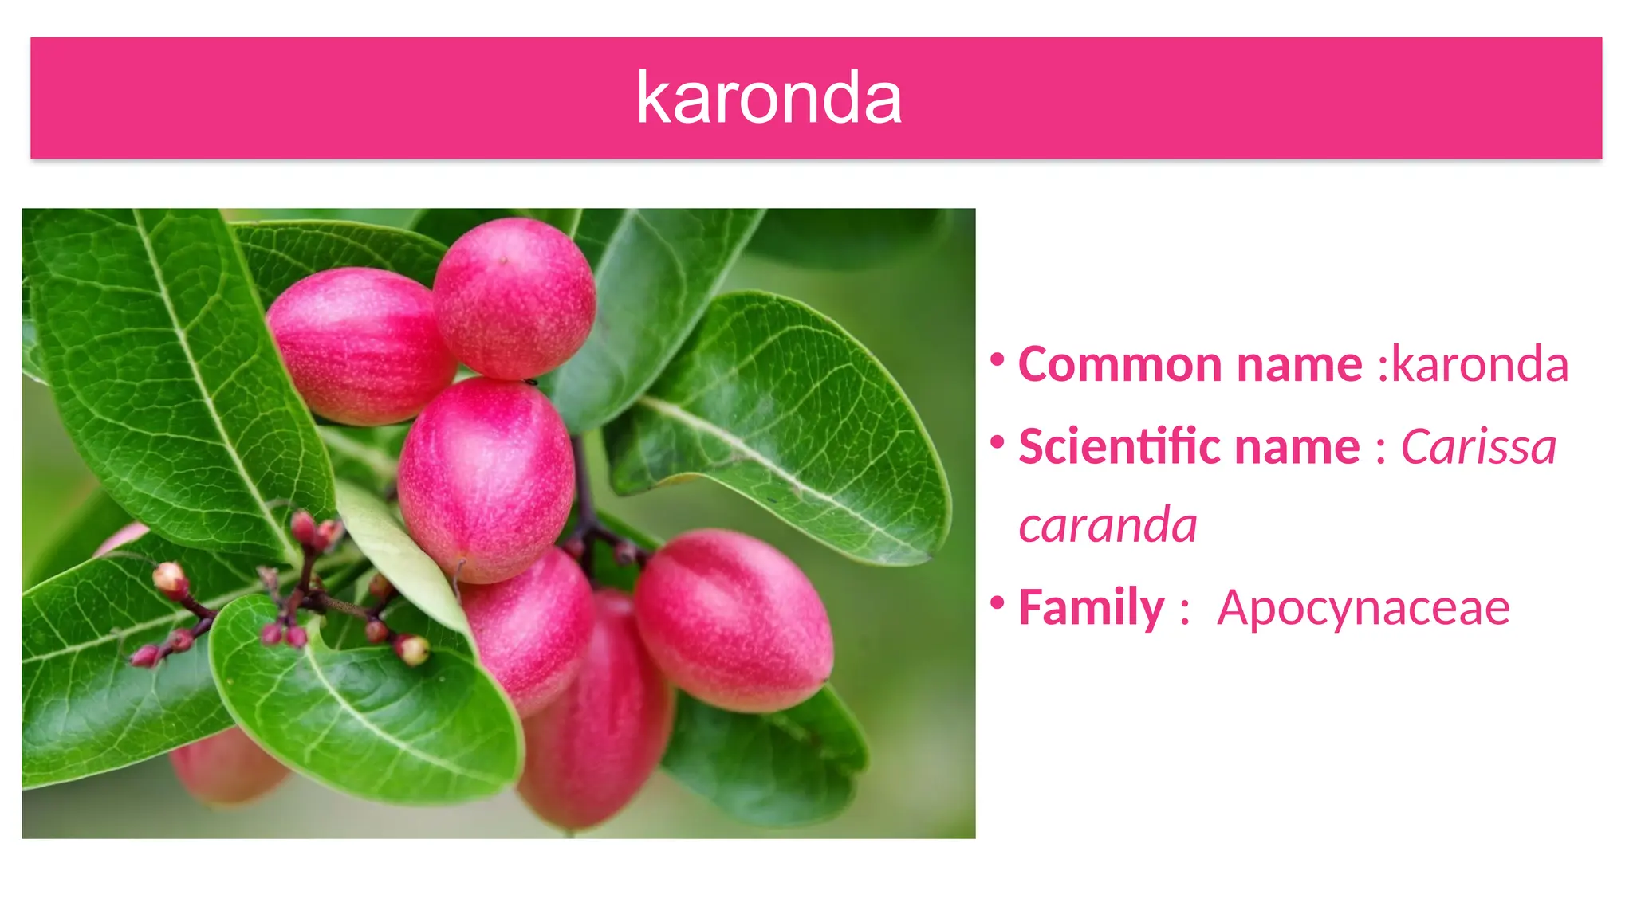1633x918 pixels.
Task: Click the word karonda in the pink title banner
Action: (769, 98)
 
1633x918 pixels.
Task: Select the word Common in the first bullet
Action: (1120, 365)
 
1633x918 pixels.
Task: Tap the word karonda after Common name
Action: (1480, 365)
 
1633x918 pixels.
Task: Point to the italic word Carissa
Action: (1478, 446)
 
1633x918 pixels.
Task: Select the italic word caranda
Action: (1108, 526)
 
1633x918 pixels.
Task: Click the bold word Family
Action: (1092, 608)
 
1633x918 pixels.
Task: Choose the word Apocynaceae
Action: (1363, 608)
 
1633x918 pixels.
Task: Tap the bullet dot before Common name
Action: (997, 360)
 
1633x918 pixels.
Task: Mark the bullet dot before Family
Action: (997, 602)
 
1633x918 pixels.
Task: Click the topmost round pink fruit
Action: (514, 299)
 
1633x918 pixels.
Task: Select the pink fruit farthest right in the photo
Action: (734, 621)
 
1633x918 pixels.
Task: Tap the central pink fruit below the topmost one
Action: (486, 478)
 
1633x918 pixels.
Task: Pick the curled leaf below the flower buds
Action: (367, 709)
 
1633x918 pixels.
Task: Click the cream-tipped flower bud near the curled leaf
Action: (413, 649)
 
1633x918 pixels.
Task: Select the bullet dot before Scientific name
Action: (997, 441)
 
